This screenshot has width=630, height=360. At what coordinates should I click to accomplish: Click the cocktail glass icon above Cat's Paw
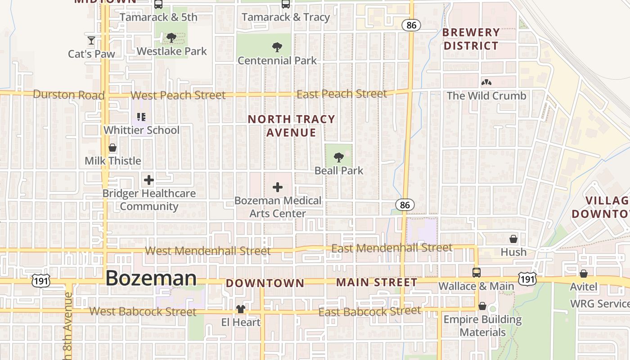pyautogui.click(x=91, y=40)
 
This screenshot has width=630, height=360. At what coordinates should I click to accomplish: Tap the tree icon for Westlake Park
pyautogui.click(x=171, y=38)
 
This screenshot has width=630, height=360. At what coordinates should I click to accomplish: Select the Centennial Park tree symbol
pyautogui.click(x=277, y=47)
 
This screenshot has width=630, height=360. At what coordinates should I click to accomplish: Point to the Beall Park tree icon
pyautogui.click(x=339, y=157)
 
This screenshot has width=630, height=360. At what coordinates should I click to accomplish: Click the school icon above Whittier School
pyautogui.click(x=141, y=117)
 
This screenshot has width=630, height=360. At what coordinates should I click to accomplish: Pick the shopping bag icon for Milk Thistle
pyautogui.click(x=112, y=148)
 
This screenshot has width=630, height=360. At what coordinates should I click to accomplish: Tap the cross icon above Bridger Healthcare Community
pyautogui.click(x=149, y=180)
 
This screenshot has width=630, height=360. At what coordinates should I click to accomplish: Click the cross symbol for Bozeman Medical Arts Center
pyautogui.click(x=278, y=187)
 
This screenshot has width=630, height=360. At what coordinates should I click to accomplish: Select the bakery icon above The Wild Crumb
pyautogui.click(x=486, y=82)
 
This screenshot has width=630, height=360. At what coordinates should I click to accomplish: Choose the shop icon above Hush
pyautogui.click(x=513, y=239)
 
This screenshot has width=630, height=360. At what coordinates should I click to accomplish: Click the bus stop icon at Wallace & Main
pyautogui.click(x=476, y=273)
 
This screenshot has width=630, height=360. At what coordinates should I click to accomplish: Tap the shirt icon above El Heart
pyautogui.click(x=241, y=309)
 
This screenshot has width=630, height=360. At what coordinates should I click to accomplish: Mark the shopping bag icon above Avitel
pyautogui.click(x=584, y=274)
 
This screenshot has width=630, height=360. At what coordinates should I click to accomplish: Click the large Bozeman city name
pyautogui.click(x=151, y=278)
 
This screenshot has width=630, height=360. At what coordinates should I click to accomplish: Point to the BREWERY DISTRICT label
pyautogui.click(x=471, y=39)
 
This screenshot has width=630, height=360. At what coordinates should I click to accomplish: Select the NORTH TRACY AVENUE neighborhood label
pyautogui.click(x=292, y=126)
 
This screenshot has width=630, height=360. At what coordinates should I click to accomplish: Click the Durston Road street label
pyautogui.click(x=68, y=95)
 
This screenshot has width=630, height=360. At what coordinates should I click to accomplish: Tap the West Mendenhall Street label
pyautogui.click(x=208, y=251)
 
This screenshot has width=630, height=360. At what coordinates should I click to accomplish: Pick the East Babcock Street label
pyautogui.click(x=369, y=311)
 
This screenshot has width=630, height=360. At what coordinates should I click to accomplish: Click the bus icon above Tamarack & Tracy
pyautogui.click(x=285, y=4)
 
